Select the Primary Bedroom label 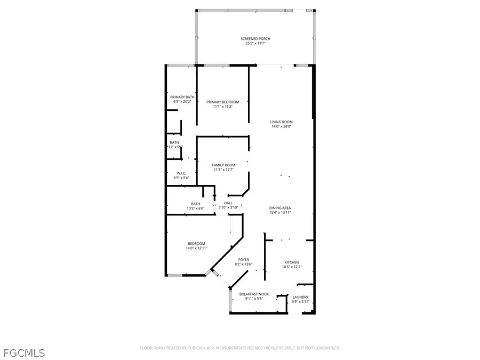tap(223, 102)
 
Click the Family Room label tap(223, 165)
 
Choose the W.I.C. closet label tap(181, 173)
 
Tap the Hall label tap(228, 203)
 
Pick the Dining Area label tap(280, 208)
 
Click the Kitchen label tap(291, 262)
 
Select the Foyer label tap(243, 260)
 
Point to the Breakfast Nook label tap(254, 294)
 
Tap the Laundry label tap(300, 297)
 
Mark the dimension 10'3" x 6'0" tap(196, 208)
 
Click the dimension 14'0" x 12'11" tap(196, 248)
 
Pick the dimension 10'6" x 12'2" tap(291, 267)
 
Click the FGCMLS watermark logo tap(24, 353)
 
